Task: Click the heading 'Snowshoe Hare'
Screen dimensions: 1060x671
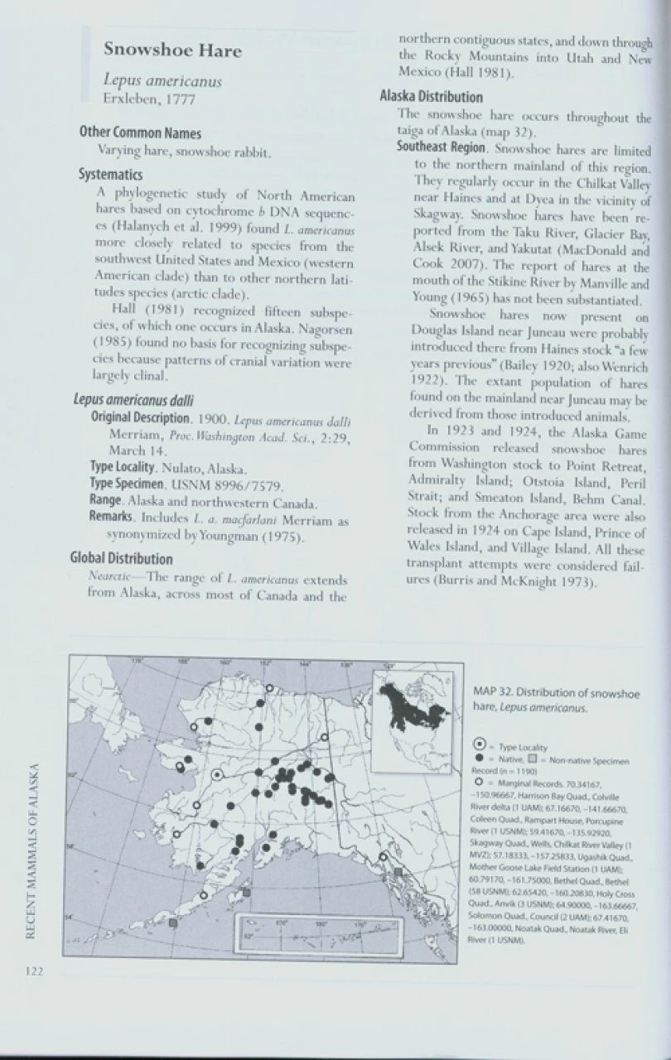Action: click(172, 50)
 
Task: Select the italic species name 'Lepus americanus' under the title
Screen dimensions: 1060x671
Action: click(162, 82)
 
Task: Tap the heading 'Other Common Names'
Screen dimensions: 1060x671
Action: click(140, 132)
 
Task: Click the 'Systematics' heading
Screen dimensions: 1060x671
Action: click(110, 175)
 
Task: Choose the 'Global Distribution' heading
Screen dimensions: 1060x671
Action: click(121, 559)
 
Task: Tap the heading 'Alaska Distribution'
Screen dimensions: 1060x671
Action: click(431, 97)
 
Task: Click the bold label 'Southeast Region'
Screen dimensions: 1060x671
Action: click(441, 147)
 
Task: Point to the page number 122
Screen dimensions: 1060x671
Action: click(33, 971)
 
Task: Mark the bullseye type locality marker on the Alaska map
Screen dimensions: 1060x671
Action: click(217, 775)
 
